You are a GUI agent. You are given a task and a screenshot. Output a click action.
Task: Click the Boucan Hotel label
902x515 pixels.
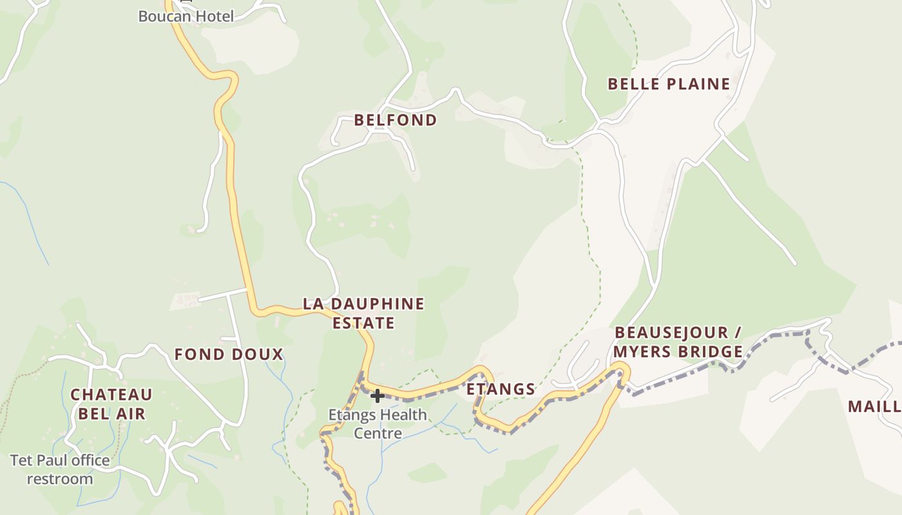coord(186,16)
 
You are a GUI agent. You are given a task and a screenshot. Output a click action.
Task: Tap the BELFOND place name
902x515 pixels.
coord(396,120)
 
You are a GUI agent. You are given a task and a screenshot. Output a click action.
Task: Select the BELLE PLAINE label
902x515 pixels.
coord(669,84)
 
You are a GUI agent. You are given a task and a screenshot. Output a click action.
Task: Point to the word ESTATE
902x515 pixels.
coord(363,323)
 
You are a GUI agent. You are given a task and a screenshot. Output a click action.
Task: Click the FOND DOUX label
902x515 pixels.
coord(229,354)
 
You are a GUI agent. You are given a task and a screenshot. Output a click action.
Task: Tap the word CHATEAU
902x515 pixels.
coord(111,394)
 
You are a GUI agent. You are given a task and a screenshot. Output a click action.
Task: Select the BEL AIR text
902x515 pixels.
coord(111,413)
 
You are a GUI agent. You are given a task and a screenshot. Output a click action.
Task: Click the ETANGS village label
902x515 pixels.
coord(501,389)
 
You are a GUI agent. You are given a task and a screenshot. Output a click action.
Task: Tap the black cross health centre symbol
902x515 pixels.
coord(378,396)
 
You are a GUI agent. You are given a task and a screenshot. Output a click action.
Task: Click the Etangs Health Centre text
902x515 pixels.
coord(378,424)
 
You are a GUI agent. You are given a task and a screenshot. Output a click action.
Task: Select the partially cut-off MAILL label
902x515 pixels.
coord(874,406)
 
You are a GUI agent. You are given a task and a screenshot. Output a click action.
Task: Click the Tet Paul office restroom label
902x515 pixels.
coord(60,469)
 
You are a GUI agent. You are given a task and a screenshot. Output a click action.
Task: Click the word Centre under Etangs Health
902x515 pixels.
coord(378,433)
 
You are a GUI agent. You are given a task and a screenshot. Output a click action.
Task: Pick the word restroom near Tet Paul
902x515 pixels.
coord(60,479)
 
